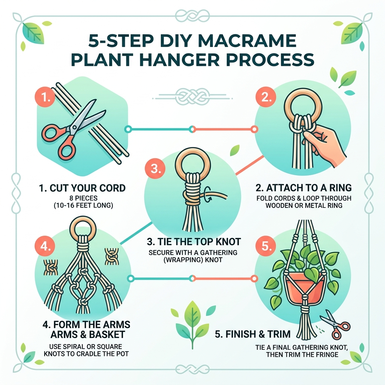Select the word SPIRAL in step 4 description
(83, 346)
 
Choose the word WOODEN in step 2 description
(282, 206)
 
